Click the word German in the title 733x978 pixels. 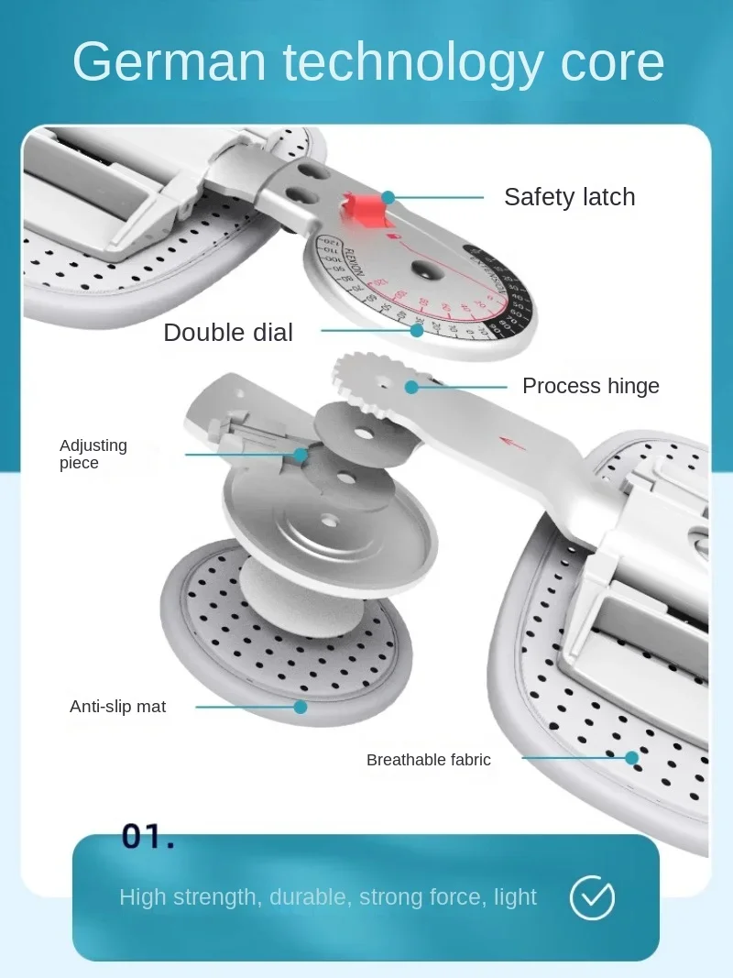pyautogui.click(x=169, y=62)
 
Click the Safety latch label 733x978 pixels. pyautogui.click(x=569, y=197)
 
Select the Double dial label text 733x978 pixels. pyautogui.click(x=228, y=333)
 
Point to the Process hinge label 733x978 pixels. pyautogui.click(x=590, y=386)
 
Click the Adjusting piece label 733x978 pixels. pyautogui.click(x=93, y=454)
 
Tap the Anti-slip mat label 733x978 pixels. pyautogui.click(x=118, y=707)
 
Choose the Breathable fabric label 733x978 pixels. pyautogui.click(x=428, y=760)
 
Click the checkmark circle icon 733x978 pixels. pyautogui.click(x=592, y=897)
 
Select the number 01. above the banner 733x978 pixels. pyautogui.click(x=148, y=836)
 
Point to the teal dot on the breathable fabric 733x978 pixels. pyautogui.click(x=631, y=758)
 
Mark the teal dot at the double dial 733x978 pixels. pyautogui.click(x=417, y=330)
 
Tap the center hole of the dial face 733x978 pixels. pyautogui.click(x=423, y=270)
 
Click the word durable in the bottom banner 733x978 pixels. pyautogui.click(x=308, y=897)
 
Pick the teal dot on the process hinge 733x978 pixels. pyautogui.click(x=411, y=387)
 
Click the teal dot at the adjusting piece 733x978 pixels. pyautogui.click(x=300, y=454)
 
